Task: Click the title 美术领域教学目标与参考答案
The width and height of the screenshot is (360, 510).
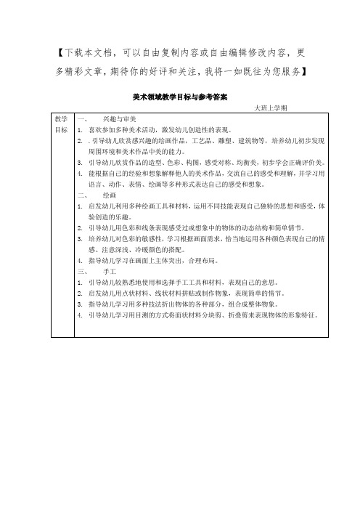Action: click(x=179, y=95)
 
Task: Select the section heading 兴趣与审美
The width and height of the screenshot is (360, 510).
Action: click(x=120, y=118)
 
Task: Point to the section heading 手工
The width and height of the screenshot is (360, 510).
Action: click(x=110, y=270)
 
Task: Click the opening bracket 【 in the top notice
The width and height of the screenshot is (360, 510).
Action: click(x=60, y=54)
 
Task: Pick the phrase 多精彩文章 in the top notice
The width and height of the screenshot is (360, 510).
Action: click(x=81, y=71)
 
